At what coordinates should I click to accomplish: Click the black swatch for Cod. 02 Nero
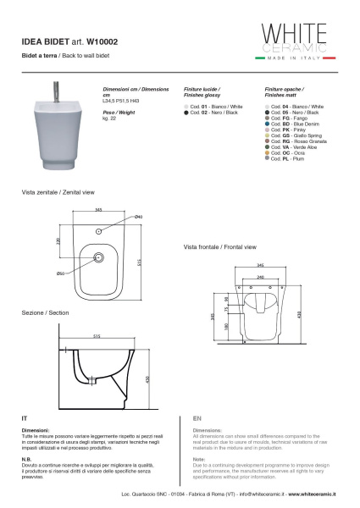[x=186, y=112]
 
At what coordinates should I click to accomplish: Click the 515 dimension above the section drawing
[x=97, y=336]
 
